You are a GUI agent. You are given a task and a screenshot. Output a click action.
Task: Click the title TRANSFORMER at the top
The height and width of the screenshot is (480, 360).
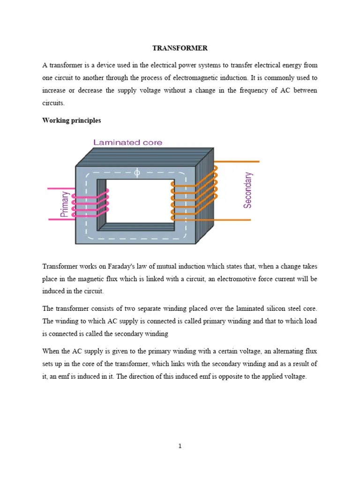pyautogui.click(x=180, y=48)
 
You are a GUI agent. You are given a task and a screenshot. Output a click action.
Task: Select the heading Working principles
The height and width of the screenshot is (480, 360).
pyautogui.click(x=71, y=120)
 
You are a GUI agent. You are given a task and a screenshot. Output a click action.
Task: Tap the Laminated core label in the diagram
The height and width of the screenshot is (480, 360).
pyautogui.click(x=127, y=142)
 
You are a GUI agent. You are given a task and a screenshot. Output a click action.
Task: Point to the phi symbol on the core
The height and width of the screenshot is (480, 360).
pyautogui.click(x=137, y=173)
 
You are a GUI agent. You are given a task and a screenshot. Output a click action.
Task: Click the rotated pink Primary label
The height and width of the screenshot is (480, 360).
pyautogui.click(x=65, y=204)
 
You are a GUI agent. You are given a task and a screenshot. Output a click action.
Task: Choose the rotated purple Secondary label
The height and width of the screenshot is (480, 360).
pyautogui.click(x=248, y=190)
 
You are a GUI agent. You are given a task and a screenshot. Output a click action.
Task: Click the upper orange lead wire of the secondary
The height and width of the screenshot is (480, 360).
pyautogui.click(x=237, y=162)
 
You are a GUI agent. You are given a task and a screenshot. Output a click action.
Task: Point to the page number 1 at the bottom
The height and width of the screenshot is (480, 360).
pyautogui.click(x=180, y=446)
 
